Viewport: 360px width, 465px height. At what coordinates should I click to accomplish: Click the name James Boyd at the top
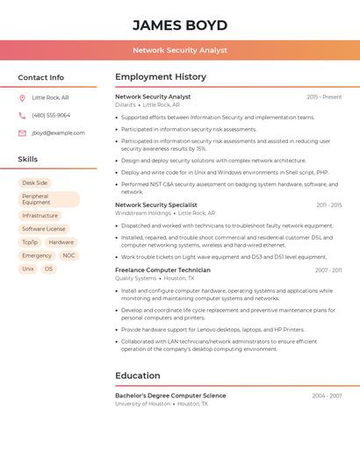click(180, 25)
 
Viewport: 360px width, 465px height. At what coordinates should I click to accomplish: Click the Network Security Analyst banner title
click(180, 51)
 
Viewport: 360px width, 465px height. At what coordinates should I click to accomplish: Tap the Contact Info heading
click(41, 77)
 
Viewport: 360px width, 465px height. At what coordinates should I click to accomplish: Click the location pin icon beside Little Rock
click(22, 98)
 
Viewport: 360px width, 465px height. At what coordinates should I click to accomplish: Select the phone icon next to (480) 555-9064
click(22, 115)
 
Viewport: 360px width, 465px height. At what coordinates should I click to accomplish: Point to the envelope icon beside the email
click(22, 133)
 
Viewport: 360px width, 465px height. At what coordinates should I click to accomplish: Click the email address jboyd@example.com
click(58, 133)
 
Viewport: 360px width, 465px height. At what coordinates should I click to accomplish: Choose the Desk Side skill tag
click(35, 182)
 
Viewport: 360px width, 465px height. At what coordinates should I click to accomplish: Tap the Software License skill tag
click(44, 229)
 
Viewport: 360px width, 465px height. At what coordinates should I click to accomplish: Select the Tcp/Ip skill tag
click(30, 242)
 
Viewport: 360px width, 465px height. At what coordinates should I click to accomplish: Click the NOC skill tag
click(68, 255)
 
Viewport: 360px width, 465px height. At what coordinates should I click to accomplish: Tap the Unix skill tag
click(28, 268)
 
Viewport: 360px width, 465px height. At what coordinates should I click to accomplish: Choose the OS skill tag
click(48, 268)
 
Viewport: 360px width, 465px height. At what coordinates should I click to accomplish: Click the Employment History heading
click(161, 77)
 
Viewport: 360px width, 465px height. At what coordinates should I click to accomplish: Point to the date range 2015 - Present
click(324, 97)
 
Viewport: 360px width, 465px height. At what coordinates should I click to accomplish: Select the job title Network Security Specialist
click(156, 205)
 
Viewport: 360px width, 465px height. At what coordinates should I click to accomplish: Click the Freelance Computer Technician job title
click(162, 270)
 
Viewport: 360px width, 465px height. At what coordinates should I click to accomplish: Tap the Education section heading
click(138, 376)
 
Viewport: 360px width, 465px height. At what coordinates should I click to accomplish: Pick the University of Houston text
click(142, 404)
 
